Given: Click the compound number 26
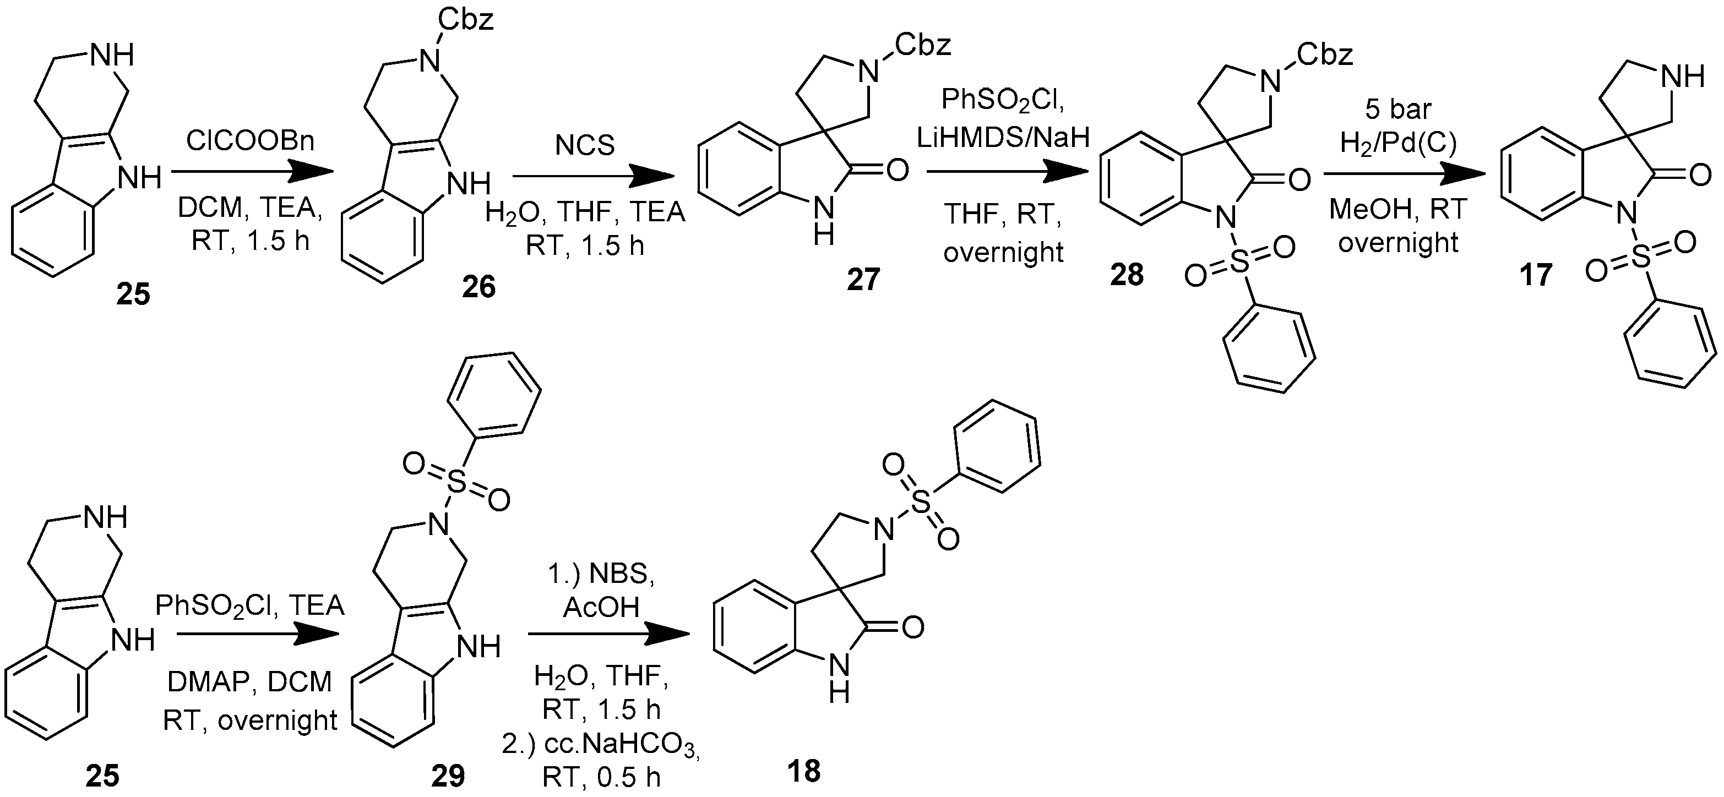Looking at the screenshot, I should (478, 287).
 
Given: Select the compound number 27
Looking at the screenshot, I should (863, 279).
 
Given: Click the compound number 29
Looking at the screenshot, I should (448, 776).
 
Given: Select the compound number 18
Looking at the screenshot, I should (804, 771).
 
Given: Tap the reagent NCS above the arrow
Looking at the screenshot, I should (585, 145).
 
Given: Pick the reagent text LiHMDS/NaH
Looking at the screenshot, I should (1003, 137).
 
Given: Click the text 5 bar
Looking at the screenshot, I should (1398, 109).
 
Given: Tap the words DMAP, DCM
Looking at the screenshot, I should (249, 682).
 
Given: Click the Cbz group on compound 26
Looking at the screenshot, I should (466, 19).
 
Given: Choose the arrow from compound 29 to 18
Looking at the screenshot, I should (609, 634).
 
